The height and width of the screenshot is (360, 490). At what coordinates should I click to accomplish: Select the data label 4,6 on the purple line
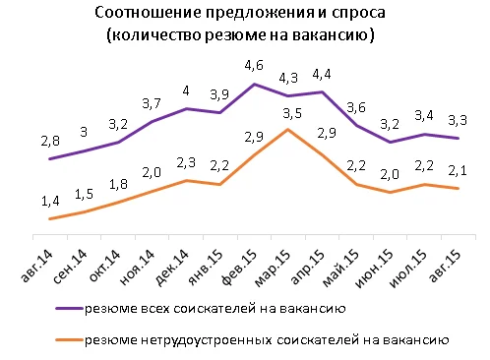(x=254, y=67)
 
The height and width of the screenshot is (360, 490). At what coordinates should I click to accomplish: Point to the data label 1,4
(x=48, y=202)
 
